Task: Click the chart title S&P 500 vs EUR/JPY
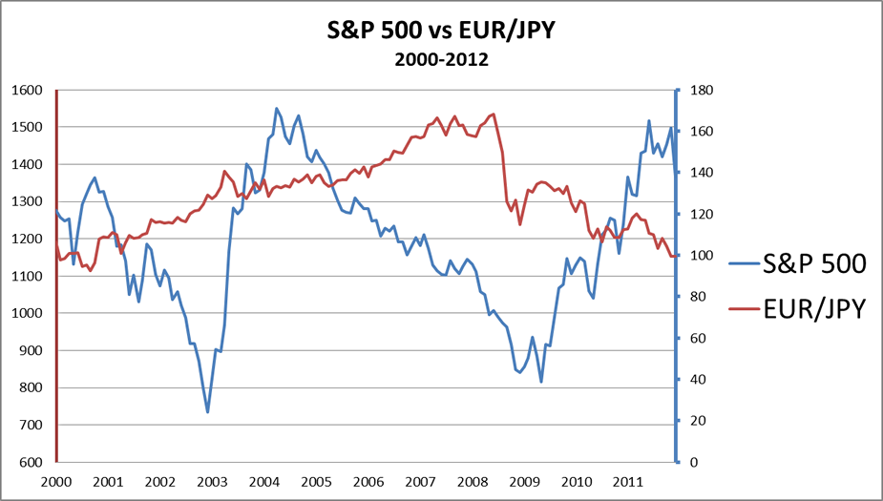click(441, 31)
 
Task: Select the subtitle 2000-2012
click(441, 59)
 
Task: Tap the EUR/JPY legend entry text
click(814, 307)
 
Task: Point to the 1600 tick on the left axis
click(28, 91)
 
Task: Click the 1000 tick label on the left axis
click(28, 314)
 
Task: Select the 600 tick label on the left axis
click(31, 463)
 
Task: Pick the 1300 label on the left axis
click(28, 202)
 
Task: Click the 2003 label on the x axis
click(212, 482)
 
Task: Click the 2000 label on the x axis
click(56, 482)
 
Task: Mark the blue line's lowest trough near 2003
click(207, 412)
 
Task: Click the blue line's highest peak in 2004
click(277, 109)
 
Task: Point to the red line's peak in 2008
click(493, 115)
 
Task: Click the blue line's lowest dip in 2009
click(541, 382)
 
